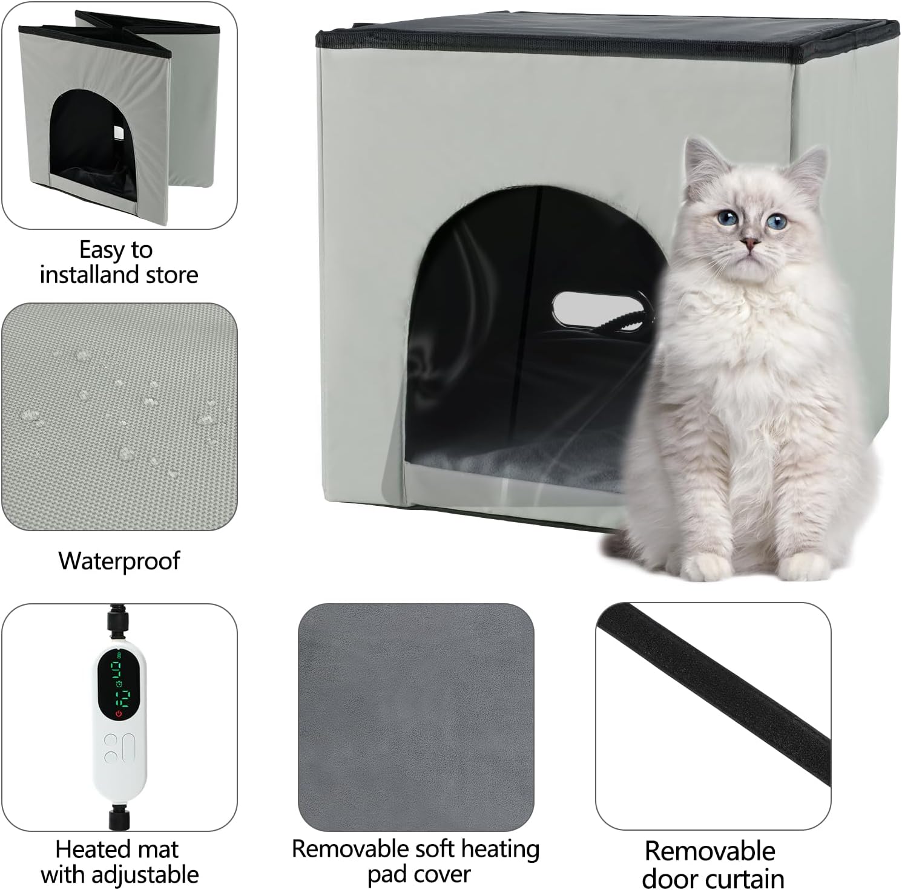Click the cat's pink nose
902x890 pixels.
(751, 243)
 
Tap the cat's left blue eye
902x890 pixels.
(724, 218)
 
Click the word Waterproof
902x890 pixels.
(119, 561)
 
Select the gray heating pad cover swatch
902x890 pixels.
(416, 717)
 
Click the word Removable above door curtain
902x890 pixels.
(709, 851)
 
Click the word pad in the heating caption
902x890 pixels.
(385, 875)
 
